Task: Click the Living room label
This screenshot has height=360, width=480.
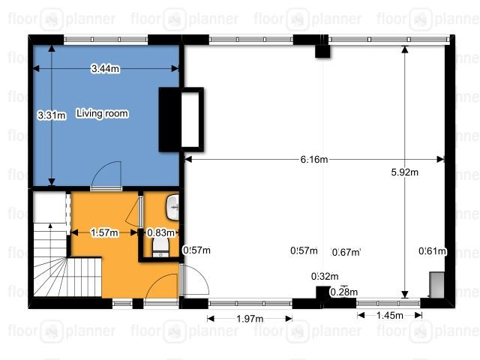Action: coord(102,113)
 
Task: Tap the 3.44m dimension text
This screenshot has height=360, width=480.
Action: coord(105,68)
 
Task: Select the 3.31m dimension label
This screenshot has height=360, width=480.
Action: coord(52,115)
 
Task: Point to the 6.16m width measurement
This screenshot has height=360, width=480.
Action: coord(314,159)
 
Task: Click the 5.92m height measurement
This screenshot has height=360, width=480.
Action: coord(405,172)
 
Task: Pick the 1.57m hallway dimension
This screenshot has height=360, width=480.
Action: coord(104,232)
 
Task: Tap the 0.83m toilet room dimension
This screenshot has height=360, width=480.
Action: coord(160,232)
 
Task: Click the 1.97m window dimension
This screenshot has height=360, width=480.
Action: coord(250,319)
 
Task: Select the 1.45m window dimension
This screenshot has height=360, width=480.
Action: coord(390,315)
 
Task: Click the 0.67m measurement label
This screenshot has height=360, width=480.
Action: coord(346,252)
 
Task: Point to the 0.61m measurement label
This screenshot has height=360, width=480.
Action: coord(432,251)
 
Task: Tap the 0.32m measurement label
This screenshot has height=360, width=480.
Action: coord(325,277)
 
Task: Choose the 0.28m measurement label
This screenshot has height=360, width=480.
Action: coord(343,292)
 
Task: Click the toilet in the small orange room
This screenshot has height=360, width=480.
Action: coord(160,247)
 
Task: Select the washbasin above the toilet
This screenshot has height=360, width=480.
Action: coord(172,207)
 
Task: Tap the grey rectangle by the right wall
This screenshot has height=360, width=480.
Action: coord(436,285)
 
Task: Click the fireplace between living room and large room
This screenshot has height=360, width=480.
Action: coord(181,119)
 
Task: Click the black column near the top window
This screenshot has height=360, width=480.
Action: coord(322,51)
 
